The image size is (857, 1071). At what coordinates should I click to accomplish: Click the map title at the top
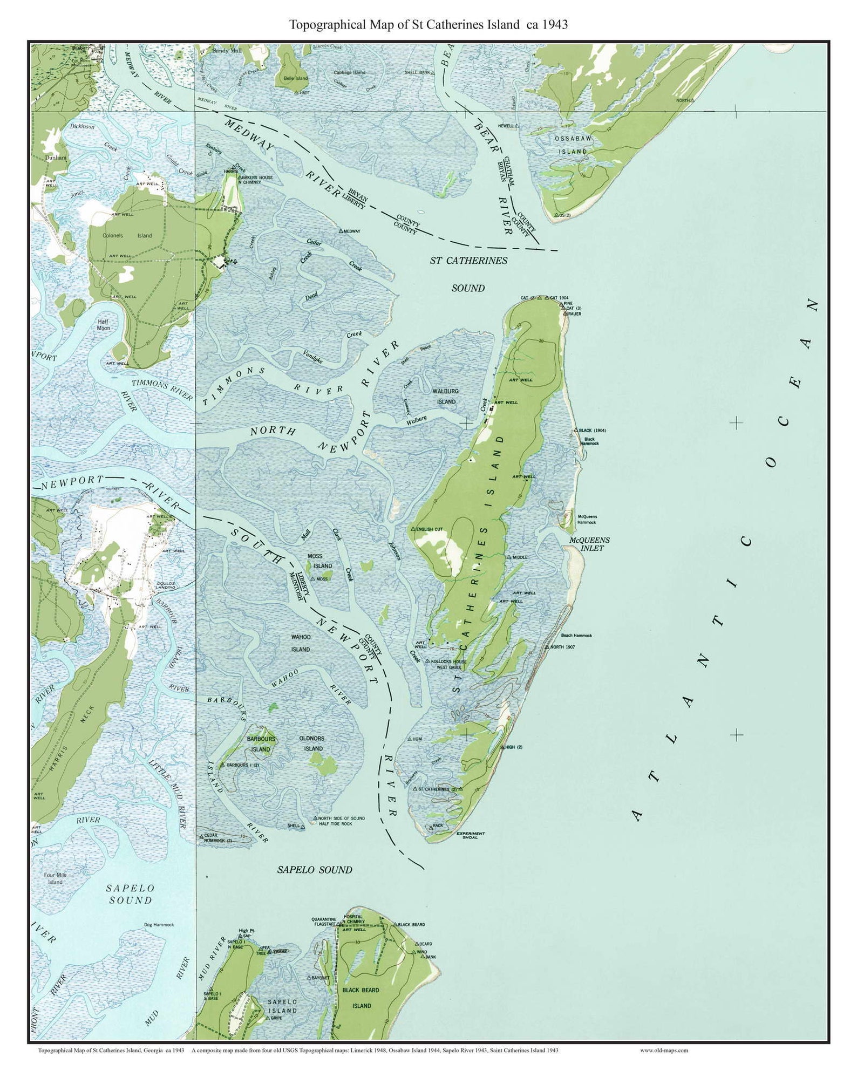point(428,24)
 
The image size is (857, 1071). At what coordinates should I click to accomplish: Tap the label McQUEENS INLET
point(589,544)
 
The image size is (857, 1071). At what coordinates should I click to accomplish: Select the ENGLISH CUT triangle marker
point(413,529)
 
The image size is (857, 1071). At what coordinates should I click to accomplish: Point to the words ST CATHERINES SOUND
point(468,274)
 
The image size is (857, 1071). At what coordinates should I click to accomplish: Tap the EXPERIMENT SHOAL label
point(471,835)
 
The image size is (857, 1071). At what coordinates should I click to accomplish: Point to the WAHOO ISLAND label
point(301,643)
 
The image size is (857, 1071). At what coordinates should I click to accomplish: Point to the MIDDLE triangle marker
point(509,557)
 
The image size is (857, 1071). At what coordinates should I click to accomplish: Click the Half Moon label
point(103,324)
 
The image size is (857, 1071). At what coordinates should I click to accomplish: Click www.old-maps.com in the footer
point(664,1050)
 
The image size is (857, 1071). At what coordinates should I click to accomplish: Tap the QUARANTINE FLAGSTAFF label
point(324,922)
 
